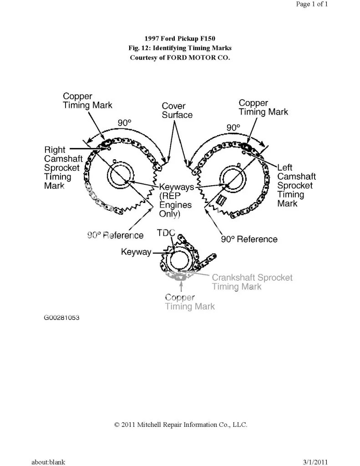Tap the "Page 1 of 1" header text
coord(312,4)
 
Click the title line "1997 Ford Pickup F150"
coord(180,39)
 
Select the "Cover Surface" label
coord(177,111)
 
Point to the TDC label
coord(166,233)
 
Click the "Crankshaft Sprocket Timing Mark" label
coord(252,282)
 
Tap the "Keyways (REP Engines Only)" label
coord(176,200)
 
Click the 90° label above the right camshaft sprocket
coord(124,122)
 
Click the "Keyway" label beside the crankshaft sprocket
coord(136,252)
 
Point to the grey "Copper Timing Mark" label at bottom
coord(190,302)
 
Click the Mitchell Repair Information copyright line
coord(181,425)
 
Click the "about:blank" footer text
coord(48,462)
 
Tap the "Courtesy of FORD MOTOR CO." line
coord(180,58)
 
